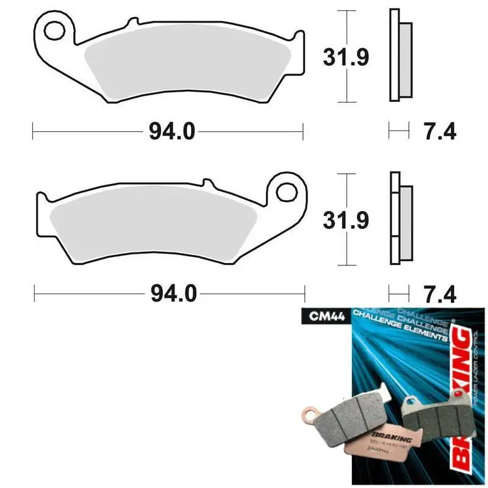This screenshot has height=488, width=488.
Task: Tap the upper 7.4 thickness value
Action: tap(439, 130)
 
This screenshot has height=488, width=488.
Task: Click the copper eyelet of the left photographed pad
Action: tap(307, 417)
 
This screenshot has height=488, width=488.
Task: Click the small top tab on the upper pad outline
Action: tap(130, 23)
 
